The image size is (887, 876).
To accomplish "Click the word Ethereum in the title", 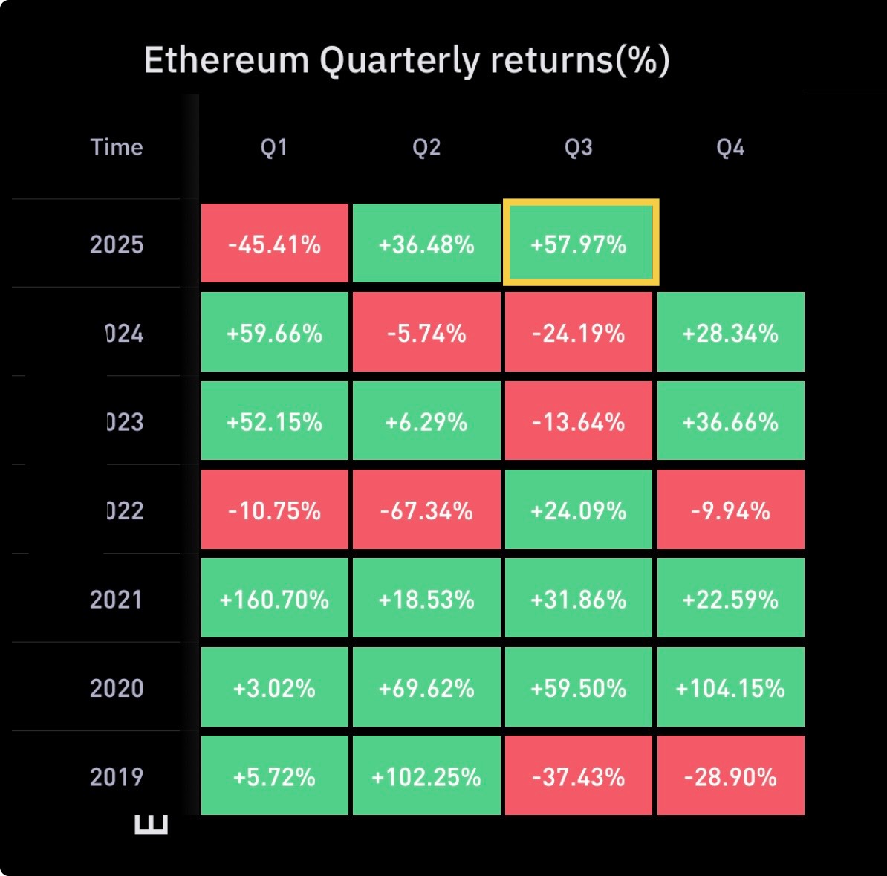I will [226, 60].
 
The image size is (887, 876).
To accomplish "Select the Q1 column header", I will [274, 147].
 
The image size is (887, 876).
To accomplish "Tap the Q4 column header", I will [730, 147].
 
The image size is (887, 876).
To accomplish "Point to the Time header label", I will [117, 147].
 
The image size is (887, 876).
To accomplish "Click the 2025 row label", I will [117, 244].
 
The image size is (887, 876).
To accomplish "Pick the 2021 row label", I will [117, 600].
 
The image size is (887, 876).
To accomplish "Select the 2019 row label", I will [117, 777].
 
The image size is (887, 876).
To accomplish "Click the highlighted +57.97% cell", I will [579, 244].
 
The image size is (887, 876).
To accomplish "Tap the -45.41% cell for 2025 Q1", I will [274, 244].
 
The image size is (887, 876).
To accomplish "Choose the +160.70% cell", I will [274, 599].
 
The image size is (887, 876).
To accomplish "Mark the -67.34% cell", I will [426, 510].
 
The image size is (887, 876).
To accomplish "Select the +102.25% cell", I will [426, 776].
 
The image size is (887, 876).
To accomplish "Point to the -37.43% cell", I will [579, 776].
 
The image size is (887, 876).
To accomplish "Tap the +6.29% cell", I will [426, 421].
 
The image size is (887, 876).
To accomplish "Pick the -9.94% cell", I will [730, 510].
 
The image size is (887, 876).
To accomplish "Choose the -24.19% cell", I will [579, 333].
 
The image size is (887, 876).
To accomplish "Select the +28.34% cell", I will [730, 333].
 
